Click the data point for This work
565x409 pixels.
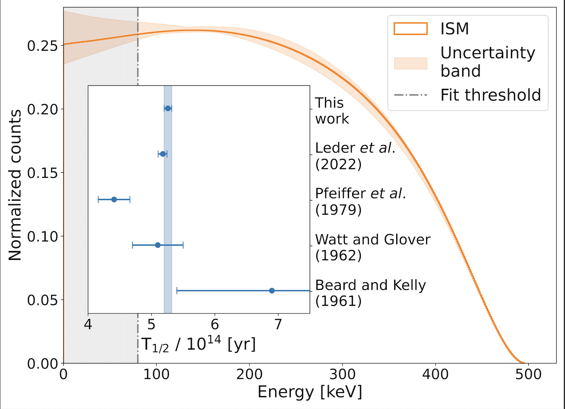[x=168, y=109]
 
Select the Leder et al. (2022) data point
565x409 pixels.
[x=163, y=154]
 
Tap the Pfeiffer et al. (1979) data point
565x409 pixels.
[x=114, y=199]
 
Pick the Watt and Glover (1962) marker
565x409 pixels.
[x=158, y=245]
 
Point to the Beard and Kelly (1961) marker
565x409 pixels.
[x=272, y=291]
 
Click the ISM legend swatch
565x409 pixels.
[x=410, y=29]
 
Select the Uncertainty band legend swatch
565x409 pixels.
[x=410, y=63]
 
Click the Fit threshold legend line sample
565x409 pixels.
[x=410, y=95]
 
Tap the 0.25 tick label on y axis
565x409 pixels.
[x=42, y=46]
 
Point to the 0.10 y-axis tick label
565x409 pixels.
[x=42, y=237]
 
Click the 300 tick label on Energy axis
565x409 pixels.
[x=342, y=374]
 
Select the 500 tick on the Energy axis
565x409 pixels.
[x=528, y=374]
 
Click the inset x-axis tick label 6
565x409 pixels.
[x=215, y=325]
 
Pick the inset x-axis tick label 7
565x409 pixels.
[x=278, y=325]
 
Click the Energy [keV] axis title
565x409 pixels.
[x=310, y=392]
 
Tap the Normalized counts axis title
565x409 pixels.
[x=15, y=185]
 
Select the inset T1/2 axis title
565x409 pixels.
[x=199, y=345]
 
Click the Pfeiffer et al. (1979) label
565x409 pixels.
[x=360, y=201]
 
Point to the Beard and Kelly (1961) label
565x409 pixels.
[x=370, y=293]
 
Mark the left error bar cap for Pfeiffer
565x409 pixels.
[x=98, y=199]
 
